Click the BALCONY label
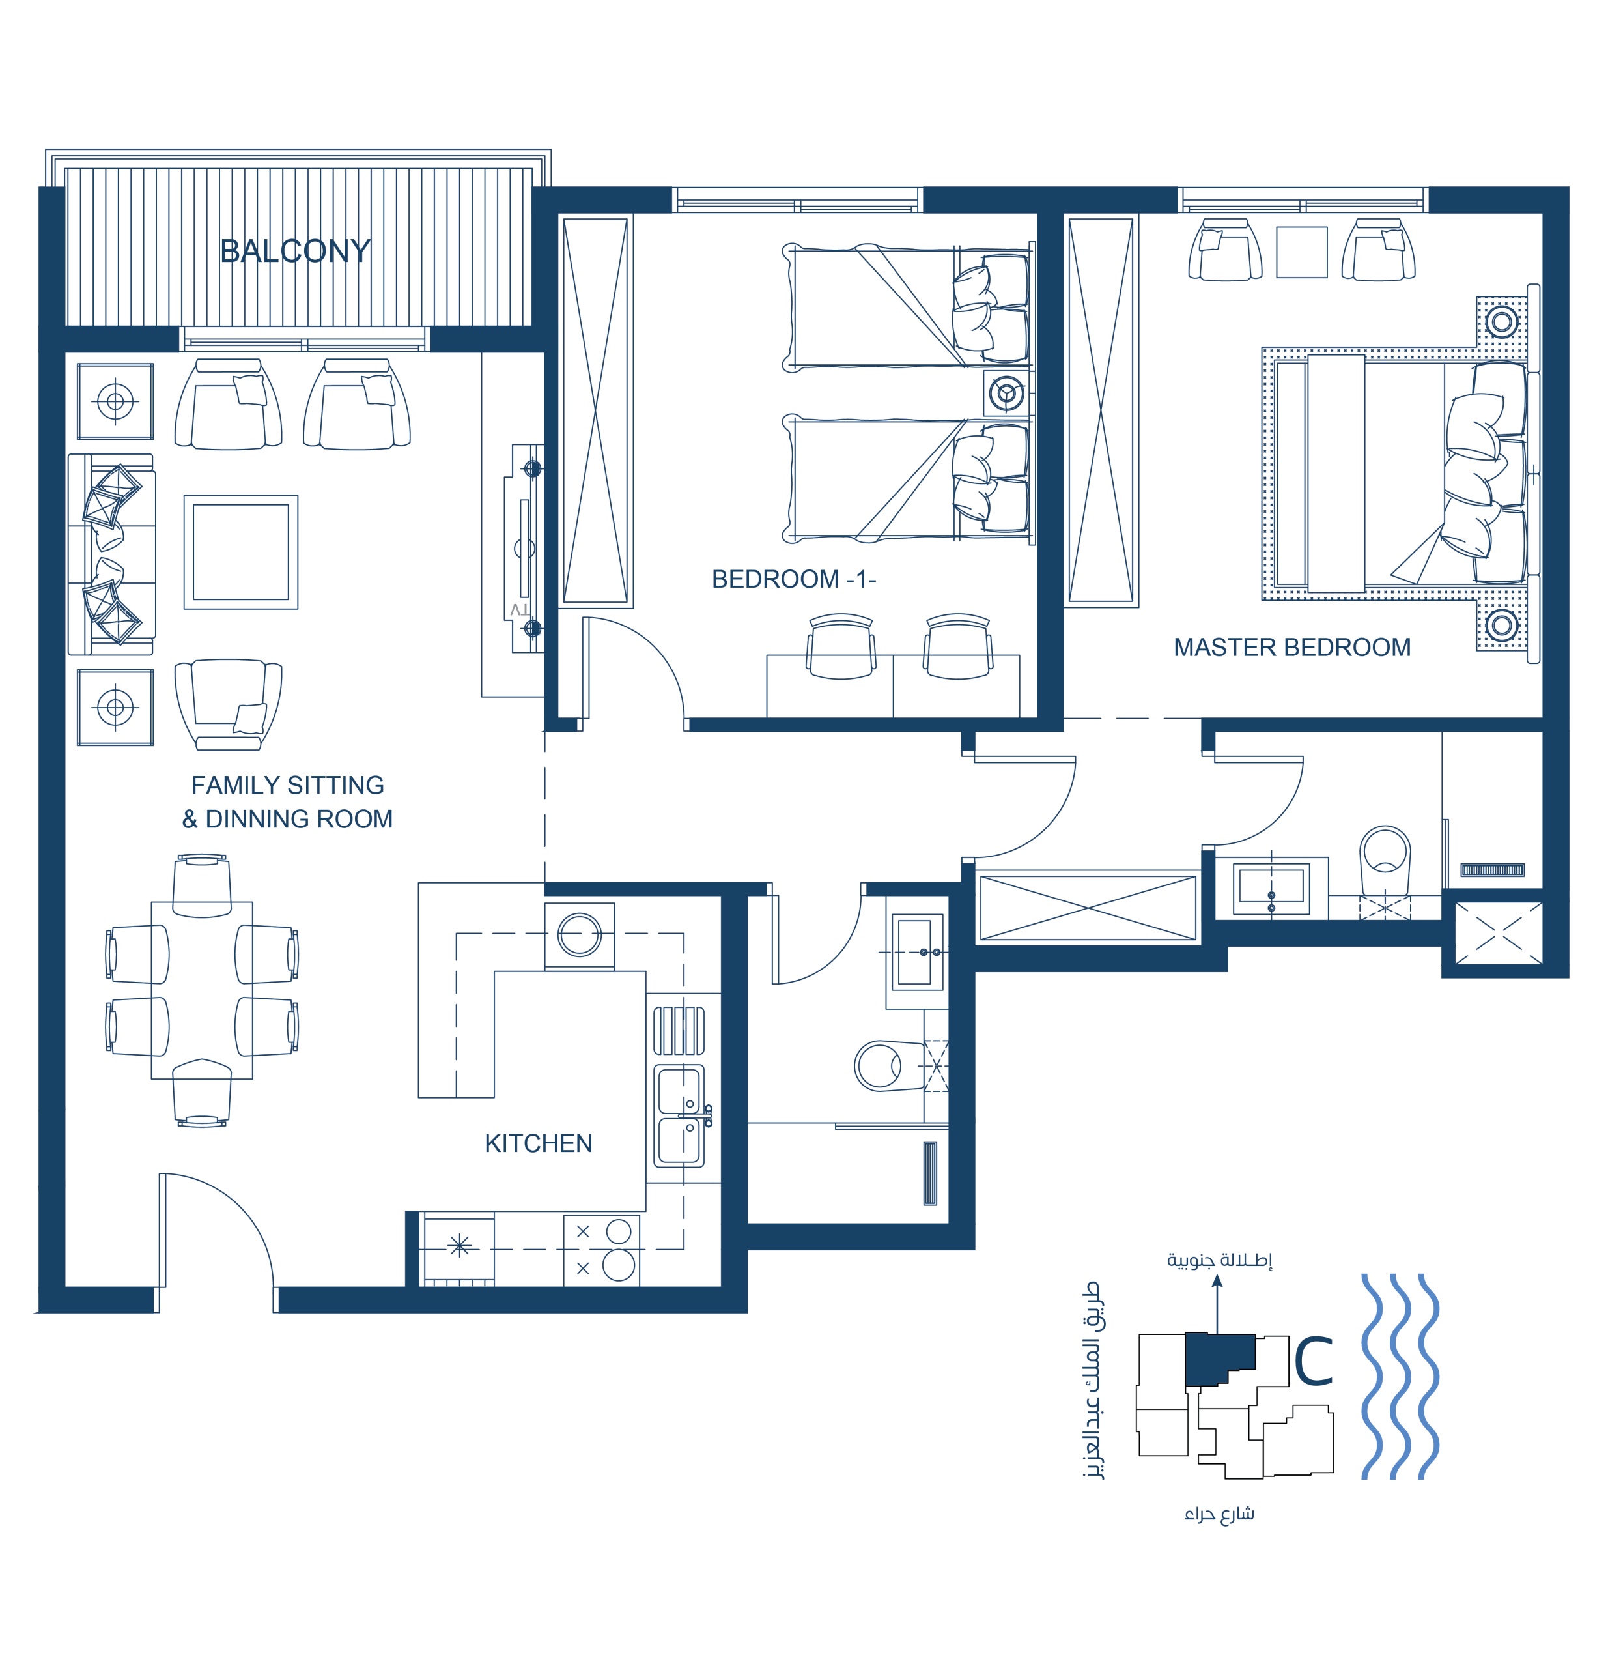click(295, 251)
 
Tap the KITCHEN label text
click(539, 1143)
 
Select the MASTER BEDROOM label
click(1291, 648)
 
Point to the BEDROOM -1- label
click(794, 579)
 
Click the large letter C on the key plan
click(1314, 1362)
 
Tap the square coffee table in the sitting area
click(241, 553)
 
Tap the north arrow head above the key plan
click(1217, 1282)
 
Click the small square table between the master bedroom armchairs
click(1302, 252)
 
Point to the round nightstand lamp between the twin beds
click(1006, 393)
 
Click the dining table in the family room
click(202, 990)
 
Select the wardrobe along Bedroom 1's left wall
click(595, 410)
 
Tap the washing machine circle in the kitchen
click(580, 935)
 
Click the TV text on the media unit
click(520, 609)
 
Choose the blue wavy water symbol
click(1400, 1376)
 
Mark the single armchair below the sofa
click(228, 706)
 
